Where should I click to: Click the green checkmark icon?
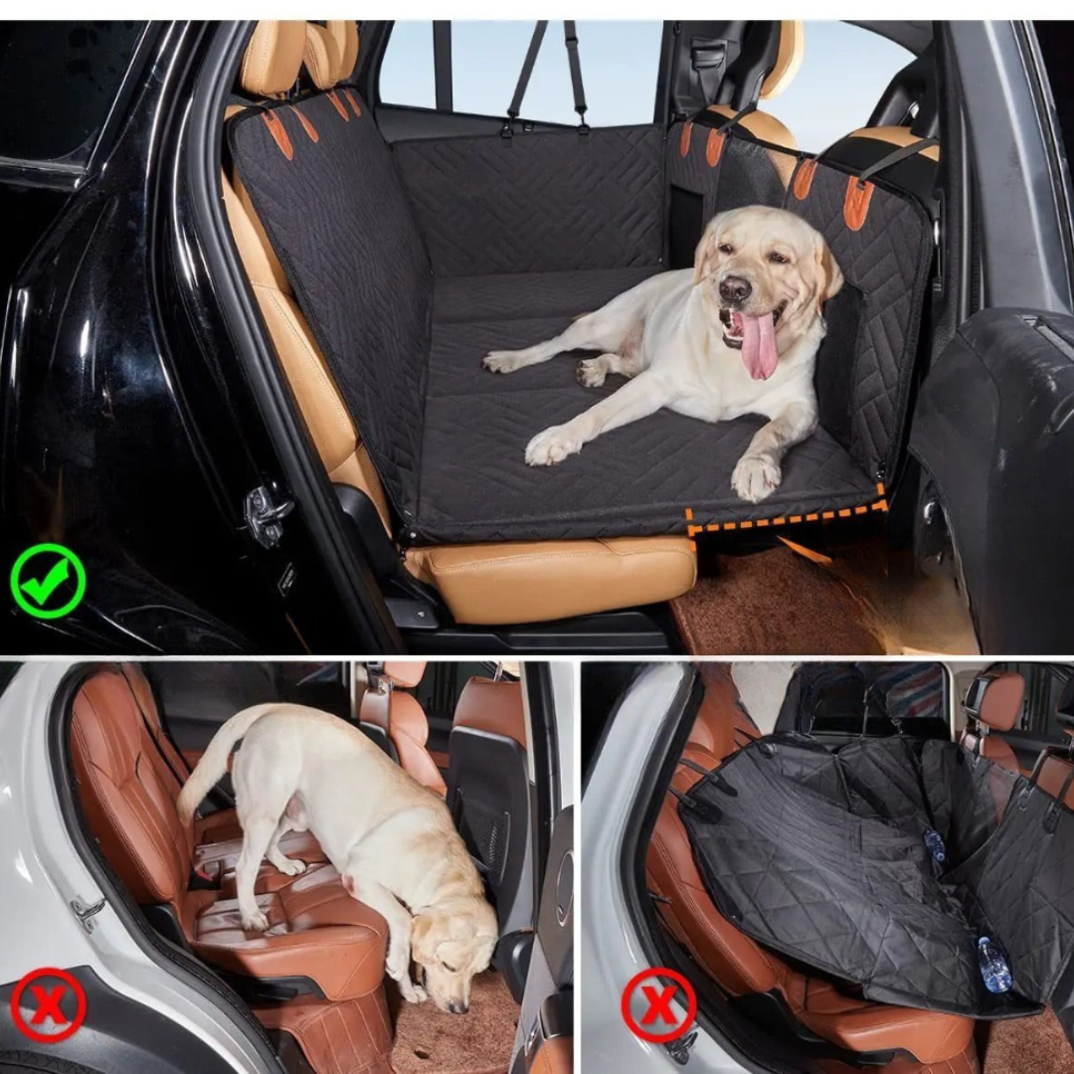pyautogui.click(x=48, y=581)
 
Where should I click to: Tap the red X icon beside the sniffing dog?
pyautogui.click(x=48, y=1004)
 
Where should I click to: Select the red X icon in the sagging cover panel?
pyautogui.click(x=658, y=1004)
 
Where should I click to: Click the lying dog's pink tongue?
pyautogui.click(x=760, y=345)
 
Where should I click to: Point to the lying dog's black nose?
pyautogui.click(x=735, y=289)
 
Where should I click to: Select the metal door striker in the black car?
pyautogui.click(x=268, y=515)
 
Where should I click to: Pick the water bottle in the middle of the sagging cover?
pyautogui.click(x=934, y=845)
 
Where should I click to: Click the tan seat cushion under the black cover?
pyautogui.click(x=557, y=577)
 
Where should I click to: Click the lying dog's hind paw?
pyautogui.click(x=592, y=373)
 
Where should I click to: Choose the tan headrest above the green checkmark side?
pyautogui.click(x=273, y=58)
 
